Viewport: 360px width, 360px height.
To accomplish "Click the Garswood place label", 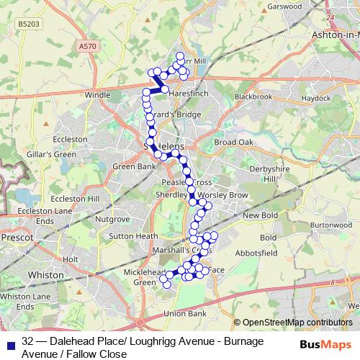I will [x=284, y=6].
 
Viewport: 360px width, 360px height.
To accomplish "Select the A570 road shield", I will [x=87, y=46].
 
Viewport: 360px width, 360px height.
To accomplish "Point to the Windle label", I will [x=98, y=94].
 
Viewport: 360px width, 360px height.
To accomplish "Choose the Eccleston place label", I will [x=71, y=139].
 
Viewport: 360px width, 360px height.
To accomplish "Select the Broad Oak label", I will [x=234, y=143].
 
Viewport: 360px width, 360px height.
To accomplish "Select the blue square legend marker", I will [x=10, y=342].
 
